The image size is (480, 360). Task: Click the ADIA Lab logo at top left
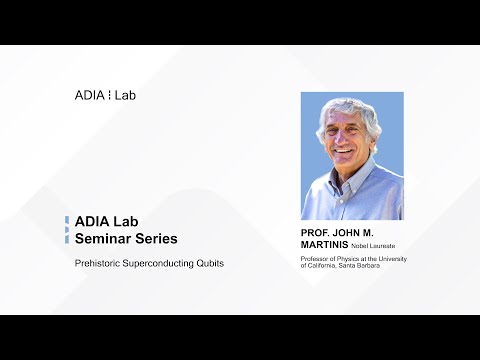[104, 96]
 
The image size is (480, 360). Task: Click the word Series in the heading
[155, 239]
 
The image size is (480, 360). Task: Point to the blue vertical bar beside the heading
[67, 231]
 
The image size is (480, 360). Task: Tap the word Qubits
[210, 263]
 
